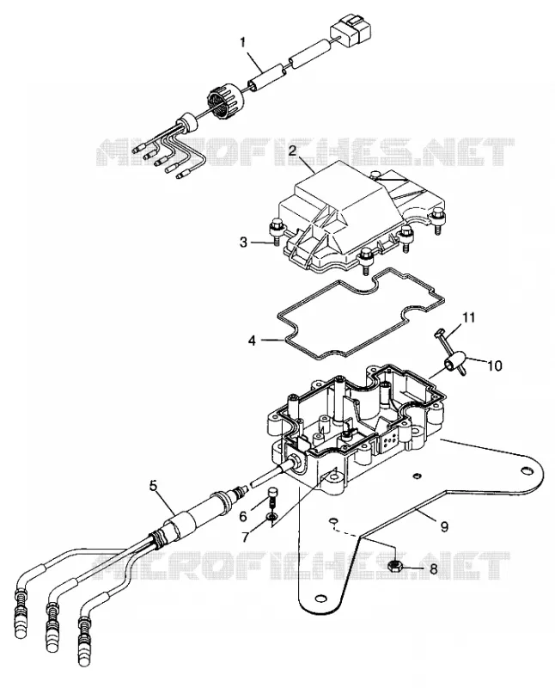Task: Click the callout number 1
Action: (x=243, y=42)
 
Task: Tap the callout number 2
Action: (x=292, y=150)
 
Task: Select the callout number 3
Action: (x=244, y=243)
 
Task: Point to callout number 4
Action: (x=252, y=340)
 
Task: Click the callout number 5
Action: (x=153, y=485)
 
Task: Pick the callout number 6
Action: (x=243, y=517)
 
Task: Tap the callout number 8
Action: (x=434, y=569)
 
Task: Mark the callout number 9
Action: (x=444, y=526)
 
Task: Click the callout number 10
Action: (x=495, y=365)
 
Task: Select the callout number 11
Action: (x=468, y=317)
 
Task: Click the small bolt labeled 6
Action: (x=272, y=498)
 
